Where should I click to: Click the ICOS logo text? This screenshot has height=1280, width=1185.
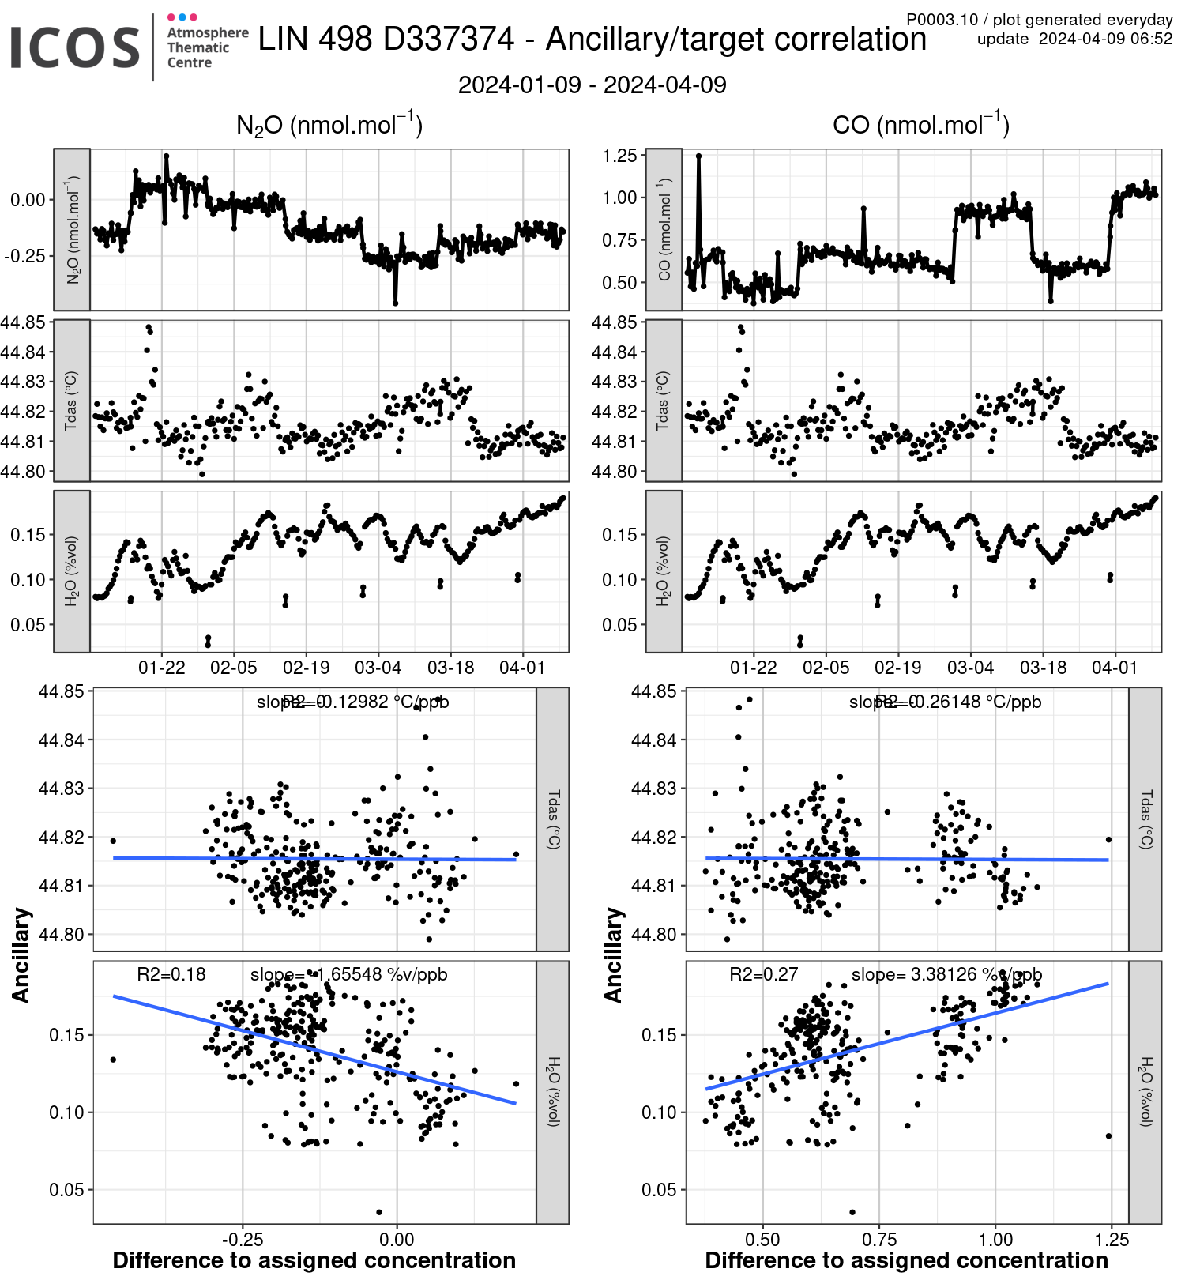click(x=75, y=47)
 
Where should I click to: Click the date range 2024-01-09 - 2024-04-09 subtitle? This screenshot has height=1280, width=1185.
click(x=592, y=85)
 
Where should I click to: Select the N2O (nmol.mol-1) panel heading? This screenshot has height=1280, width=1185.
click(x=329, y=125)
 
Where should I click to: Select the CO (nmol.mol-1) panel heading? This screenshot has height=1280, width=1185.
click(x=920, y=125)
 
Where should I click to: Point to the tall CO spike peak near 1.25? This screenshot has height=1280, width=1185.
click(x=698, y=156)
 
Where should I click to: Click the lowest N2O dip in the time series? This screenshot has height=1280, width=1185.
click(x=395, y=303)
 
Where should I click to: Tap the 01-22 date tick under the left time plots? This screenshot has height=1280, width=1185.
click(x=162, y=668)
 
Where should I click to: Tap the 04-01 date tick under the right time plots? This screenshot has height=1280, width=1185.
click(x=1115, y=668)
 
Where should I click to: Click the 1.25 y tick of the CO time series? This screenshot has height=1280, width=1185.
click(x=619, y=156)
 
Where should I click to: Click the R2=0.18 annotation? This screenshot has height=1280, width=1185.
click(x=171, y=974)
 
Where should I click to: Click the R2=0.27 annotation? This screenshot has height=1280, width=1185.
click(x=763, y=974)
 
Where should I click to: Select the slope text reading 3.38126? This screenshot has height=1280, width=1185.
click(x=946, y=974)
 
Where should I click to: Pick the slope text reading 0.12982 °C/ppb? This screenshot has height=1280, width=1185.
click(x=353, y=702)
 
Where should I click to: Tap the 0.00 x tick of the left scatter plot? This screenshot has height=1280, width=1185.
click(x=397, y=1239)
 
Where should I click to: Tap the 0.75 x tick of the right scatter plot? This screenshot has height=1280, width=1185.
click(x=879, y=1239)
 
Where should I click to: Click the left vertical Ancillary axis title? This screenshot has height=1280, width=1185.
click(x=21, y=955)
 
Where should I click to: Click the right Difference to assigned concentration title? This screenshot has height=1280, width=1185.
click(x=906, y=1260)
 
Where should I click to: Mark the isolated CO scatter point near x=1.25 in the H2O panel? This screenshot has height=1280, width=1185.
click(x=1108, y=1136)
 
